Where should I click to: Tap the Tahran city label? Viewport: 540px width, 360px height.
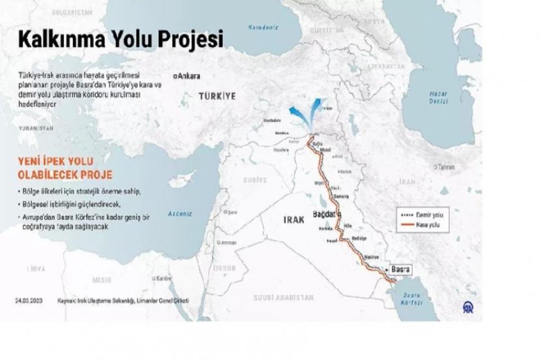(x=445, y=167)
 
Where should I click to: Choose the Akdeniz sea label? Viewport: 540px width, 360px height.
(x=180, y=213)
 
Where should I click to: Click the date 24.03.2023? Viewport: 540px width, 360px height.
(x=29, y=301)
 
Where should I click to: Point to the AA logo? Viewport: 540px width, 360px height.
(x=469, y=307)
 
